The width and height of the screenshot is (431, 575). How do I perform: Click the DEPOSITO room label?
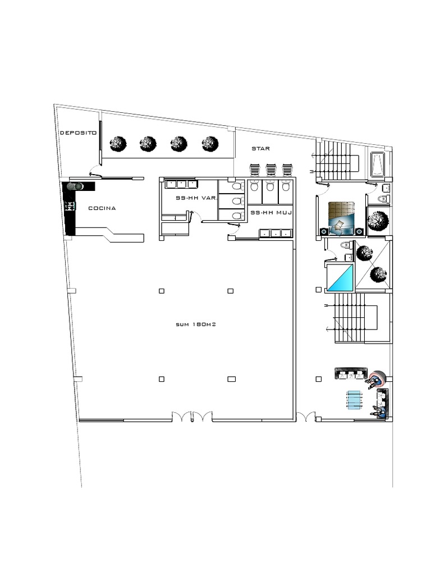[x=78, y=133]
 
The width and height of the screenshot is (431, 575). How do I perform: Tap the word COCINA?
[x=102, y=208]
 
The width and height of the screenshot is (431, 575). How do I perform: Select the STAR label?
[x=261, y=149]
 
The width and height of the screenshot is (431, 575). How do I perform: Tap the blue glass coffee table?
[x=354, y=400]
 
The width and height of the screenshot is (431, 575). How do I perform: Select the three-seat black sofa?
[x=351, y=373]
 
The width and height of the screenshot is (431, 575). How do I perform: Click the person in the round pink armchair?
[x=375, y=379]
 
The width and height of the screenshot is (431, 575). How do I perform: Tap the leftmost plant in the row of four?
[x=117, y=144]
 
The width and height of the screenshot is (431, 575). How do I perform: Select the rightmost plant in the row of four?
[x=210, y=144]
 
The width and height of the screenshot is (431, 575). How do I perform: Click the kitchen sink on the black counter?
[x=75, y=186]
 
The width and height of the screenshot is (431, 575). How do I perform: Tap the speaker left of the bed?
[x=324, y=231]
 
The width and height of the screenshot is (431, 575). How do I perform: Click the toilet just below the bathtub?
[x=384, y=198]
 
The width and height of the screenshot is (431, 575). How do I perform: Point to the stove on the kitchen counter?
[x=71, y=206]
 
